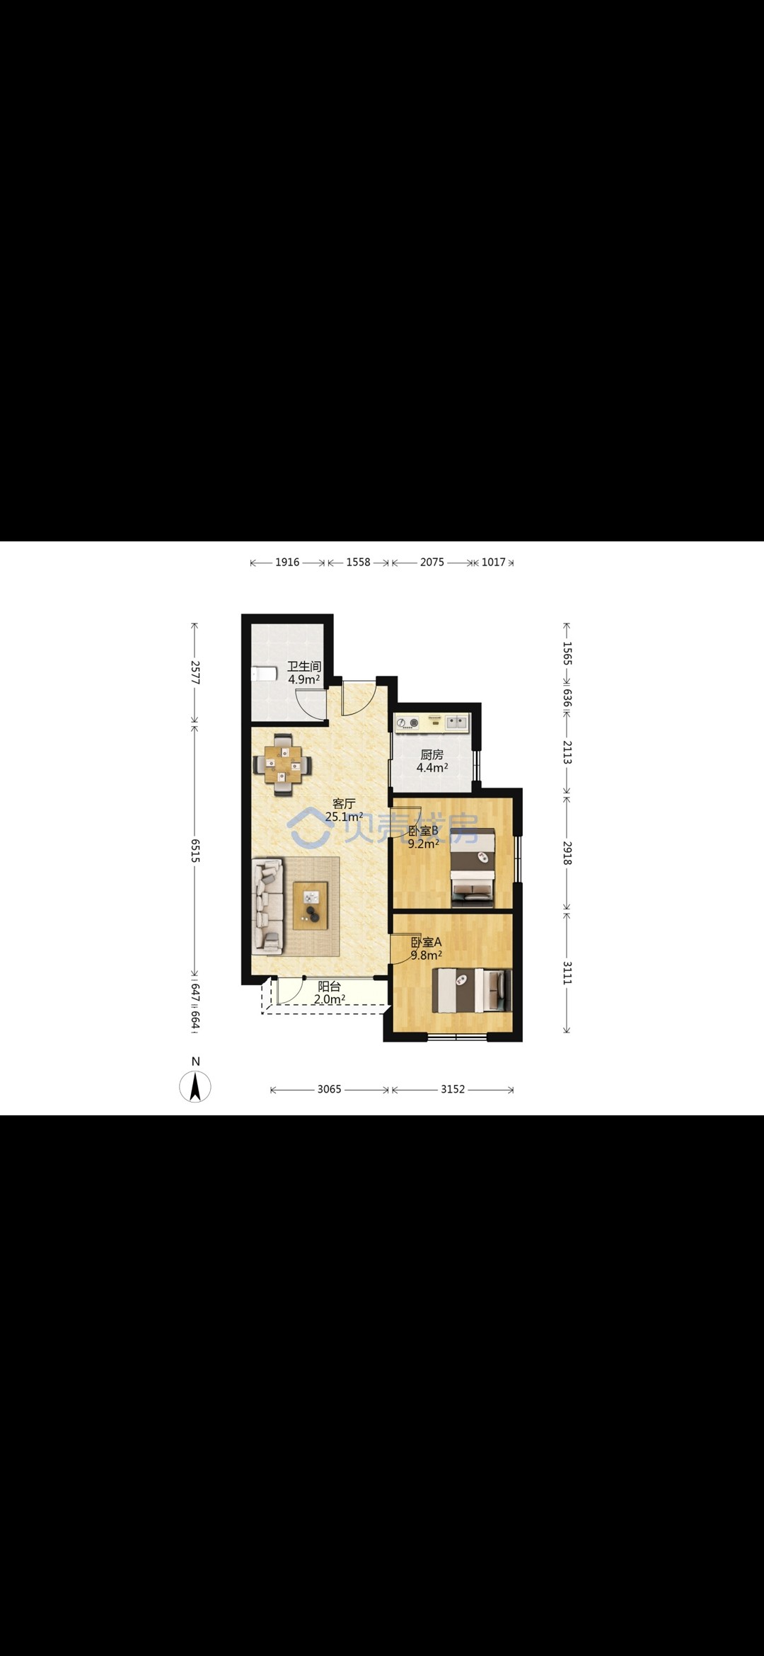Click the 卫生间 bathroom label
(x=304, y=667)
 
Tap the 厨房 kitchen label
(x=432, y=755)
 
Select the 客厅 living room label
(x=344, y=804)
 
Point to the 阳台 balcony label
(x=329, y=987)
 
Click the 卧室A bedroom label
(x=427, y=942)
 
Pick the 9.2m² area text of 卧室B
(x=424, y=844)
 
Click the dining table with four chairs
(x=283, y=764)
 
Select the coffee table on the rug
(x=311, y=905)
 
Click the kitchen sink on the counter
(x=457, y=722)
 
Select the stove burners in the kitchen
(x=408, y=723)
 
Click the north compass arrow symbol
(x=195, y=1087)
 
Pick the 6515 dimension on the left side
(x=195, y=850)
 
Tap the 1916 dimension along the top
(x=287, y=562)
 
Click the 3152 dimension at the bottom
(x=453, y=1089)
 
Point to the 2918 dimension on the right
(x=567, y=853)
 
